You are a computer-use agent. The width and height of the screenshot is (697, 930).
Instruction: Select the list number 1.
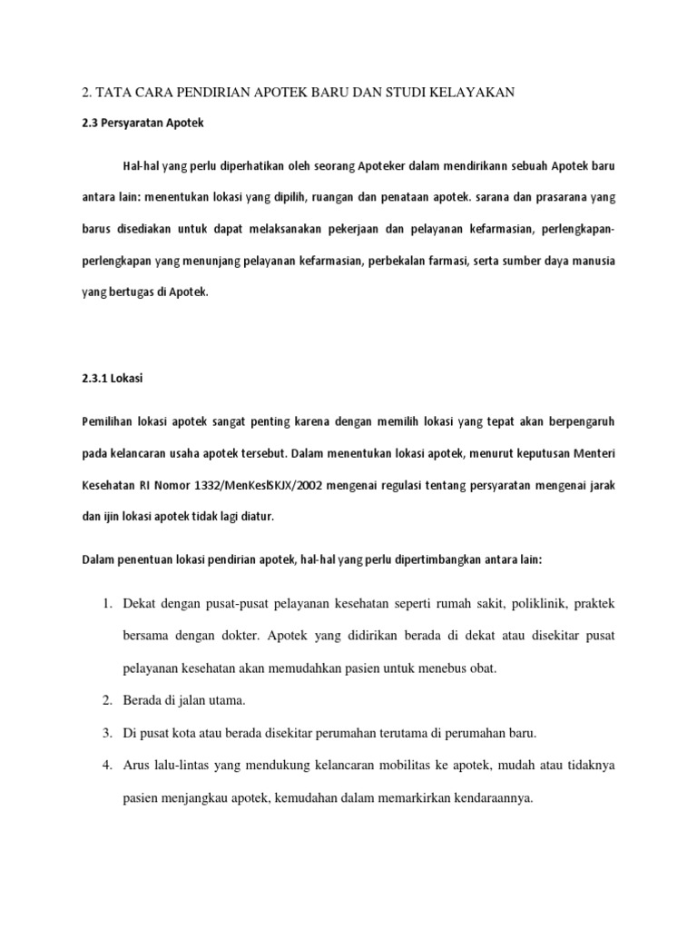pos(106,604)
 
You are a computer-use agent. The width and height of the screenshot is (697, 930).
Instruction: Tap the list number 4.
pos(106,765)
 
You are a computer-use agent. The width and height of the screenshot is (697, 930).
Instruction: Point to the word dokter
pos(269,636)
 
